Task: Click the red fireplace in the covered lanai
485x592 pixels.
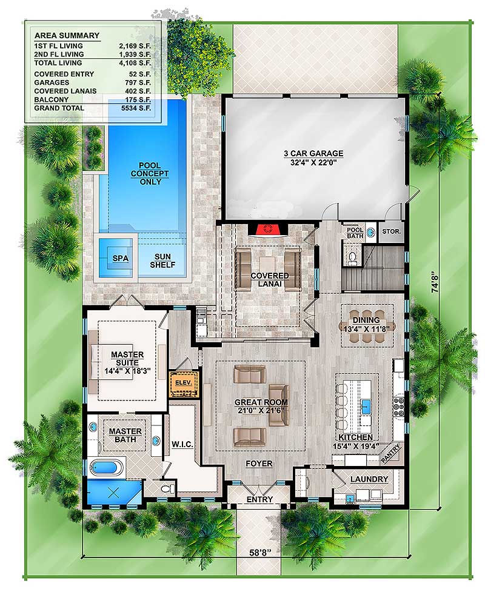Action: click(x=268, y=229)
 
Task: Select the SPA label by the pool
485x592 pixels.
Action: click(x=121, y=259)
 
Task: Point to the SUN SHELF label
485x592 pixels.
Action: click(x=162, y=261)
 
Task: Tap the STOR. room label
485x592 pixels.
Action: click(x=391, y=231)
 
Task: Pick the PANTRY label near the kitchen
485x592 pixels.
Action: click(x=390, y=453)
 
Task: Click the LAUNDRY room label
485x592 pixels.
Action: click(x=369, y=479)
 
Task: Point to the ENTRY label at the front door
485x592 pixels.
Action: click(x=259, y=499)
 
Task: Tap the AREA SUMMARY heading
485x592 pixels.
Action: click(x=67, y=36)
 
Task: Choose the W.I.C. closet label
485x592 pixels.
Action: click(x=182, y=444)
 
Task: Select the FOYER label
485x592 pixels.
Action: click(x=259, y=464)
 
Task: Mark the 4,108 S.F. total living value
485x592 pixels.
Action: click(x=135, y=63)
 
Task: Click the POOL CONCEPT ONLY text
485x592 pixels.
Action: click(x=150, y=174)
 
